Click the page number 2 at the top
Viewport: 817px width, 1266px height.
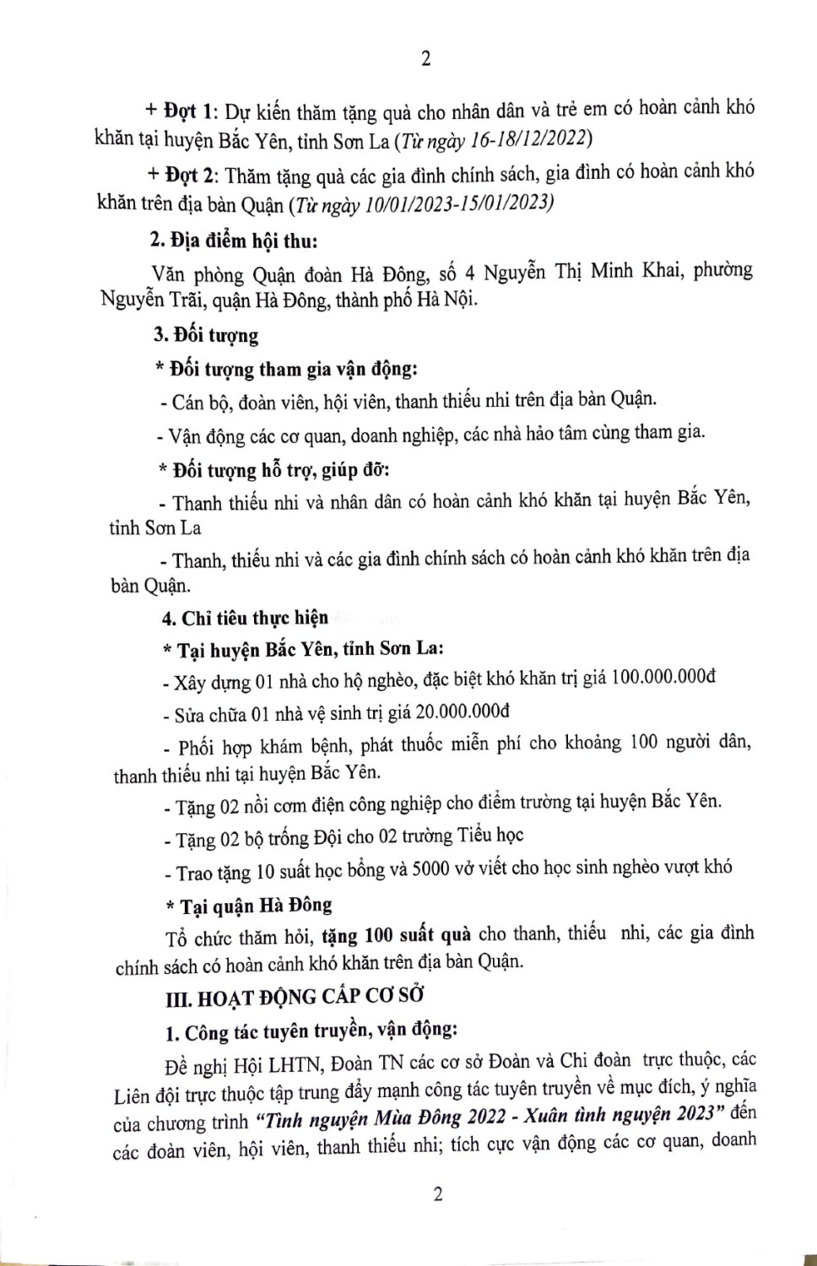coord(425,58)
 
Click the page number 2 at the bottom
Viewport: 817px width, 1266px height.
coord(437,1193)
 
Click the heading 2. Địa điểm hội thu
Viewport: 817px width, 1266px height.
coord(234,241)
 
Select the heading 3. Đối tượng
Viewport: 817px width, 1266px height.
coord(206,335)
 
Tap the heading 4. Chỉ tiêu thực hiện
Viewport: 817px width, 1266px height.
coord(245,618)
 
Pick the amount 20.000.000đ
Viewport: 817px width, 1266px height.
coord(463,712)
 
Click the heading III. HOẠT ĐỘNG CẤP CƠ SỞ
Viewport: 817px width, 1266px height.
coord(295,998)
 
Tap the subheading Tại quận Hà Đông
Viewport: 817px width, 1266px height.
coord(256,906)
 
